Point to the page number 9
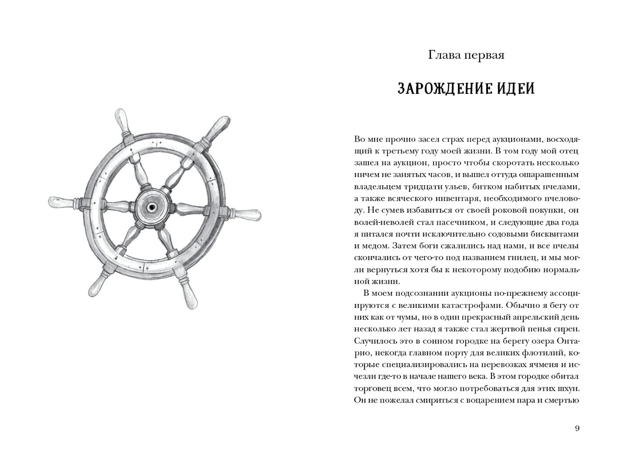(x=577, y=428)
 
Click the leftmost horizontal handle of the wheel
(x=61, y=202)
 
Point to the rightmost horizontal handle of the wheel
(x=246, y=214)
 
